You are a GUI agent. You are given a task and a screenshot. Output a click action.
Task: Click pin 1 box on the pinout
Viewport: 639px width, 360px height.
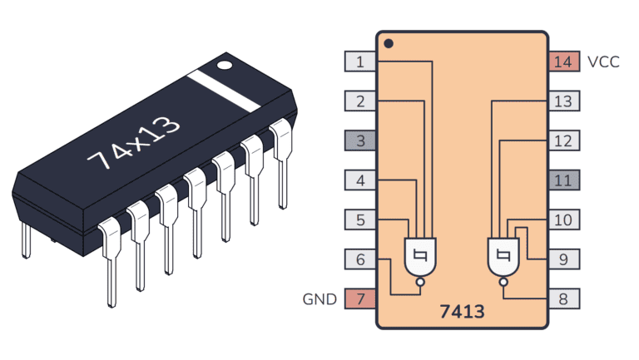360,62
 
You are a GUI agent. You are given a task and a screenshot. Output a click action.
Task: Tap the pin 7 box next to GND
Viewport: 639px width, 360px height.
360,298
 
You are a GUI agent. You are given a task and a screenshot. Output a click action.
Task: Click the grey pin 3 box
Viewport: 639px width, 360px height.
360,141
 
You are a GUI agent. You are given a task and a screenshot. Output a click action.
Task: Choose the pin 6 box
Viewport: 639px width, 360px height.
360,259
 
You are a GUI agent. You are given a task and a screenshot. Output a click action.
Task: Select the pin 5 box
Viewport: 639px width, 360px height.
360,219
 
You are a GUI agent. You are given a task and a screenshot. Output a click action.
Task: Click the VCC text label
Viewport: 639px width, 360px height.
603,62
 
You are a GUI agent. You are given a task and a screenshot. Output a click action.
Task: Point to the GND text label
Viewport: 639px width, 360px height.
320,299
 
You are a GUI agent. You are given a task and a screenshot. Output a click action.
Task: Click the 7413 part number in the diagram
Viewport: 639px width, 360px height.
462,313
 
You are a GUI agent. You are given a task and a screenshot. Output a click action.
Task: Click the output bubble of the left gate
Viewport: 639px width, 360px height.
420,282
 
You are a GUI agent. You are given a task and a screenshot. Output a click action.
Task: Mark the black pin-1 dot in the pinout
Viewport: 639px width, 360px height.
389,43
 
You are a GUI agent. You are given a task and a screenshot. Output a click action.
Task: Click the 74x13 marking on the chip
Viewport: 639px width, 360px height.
134,142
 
